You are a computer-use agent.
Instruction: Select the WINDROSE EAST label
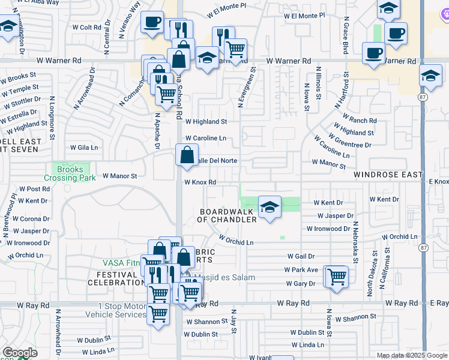388,175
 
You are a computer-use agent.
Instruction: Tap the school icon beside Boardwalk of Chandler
270,208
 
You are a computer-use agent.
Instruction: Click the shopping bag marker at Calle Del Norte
187,155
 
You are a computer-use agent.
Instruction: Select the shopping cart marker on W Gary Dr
337,277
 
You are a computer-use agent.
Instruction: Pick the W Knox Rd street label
199,182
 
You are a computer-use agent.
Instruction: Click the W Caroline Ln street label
205,138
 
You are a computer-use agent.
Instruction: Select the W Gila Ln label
83,147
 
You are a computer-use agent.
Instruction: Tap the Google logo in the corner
19,353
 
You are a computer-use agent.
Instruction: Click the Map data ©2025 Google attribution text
411,356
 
